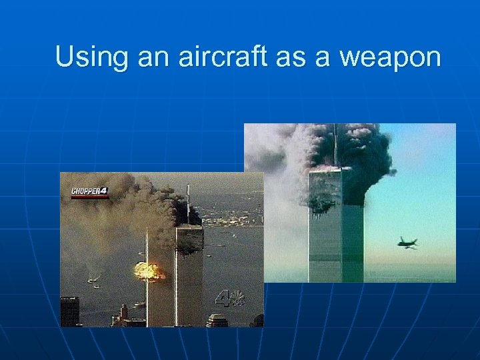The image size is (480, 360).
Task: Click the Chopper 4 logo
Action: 89,192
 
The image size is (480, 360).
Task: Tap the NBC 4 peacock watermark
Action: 230,299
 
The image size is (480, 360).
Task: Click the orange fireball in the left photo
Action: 149,270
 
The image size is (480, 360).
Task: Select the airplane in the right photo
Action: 407,243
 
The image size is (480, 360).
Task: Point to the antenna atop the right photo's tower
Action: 334,143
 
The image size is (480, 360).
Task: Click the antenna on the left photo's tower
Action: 189,203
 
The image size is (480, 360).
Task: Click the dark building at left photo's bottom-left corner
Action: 70,311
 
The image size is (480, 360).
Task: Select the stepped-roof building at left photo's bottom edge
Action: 216,321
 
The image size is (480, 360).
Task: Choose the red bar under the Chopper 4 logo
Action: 89,197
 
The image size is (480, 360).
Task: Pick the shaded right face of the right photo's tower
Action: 353,240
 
